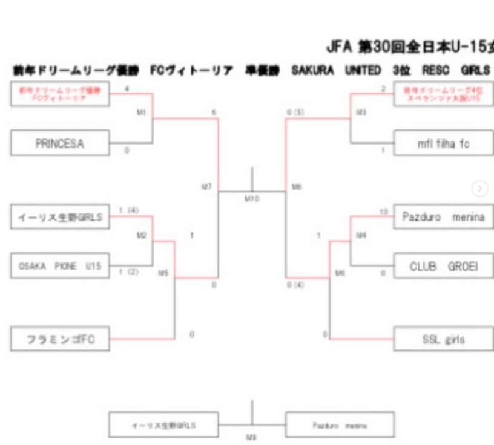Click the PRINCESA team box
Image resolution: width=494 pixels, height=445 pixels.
pos(60,144)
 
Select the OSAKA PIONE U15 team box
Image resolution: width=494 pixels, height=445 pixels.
pos(60,265)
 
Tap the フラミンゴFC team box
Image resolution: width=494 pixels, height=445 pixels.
pos(60,339)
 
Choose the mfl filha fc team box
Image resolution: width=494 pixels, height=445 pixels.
pos(443,144)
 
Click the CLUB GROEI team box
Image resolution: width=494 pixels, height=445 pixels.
pos(443,266)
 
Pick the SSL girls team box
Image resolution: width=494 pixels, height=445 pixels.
pos(443,339)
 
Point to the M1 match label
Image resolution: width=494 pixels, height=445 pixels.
pos(141,112)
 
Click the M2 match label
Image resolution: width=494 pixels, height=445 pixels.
pos(141,235)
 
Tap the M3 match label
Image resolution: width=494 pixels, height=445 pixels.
pos(361,112)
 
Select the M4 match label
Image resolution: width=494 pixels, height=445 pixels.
pos(361,235)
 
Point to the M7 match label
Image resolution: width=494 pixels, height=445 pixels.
pos(206,187)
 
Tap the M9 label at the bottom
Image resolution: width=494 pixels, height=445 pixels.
pos(251,437)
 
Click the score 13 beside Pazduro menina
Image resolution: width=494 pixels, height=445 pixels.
pos(383,211)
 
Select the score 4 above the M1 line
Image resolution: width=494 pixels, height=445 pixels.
pos(127,89)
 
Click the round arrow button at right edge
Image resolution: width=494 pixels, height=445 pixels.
pos(479,189)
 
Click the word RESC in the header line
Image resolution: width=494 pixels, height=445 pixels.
pos(435,70)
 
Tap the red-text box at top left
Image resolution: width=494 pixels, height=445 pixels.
pos(60,94)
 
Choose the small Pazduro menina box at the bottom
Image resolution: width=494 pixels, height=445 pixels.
pos(340,425)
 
